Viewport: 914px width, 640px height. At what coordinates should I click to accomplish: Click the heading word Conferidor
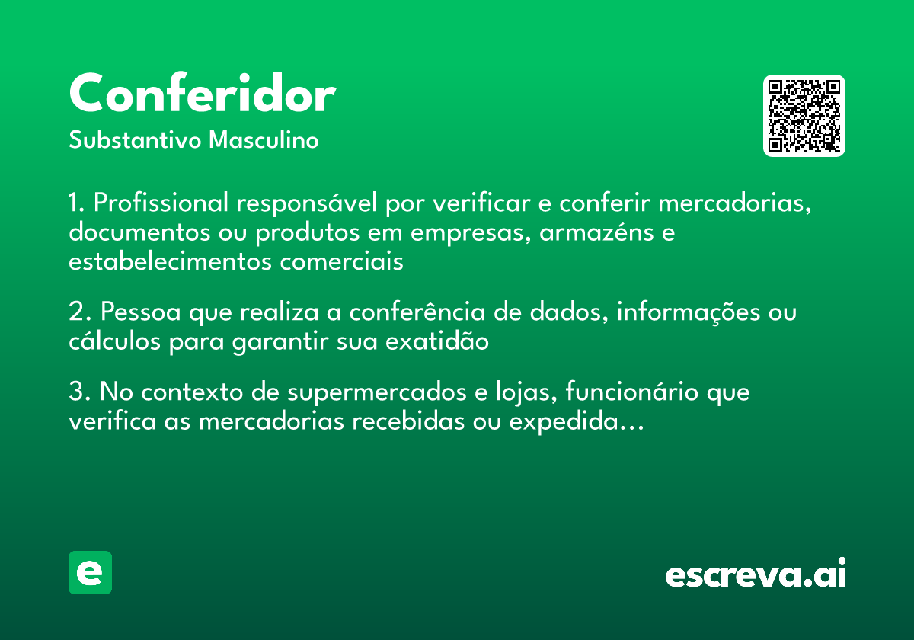click(202, 94)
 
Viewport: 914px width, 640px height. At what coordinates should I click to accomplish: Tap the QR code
click(804, 116)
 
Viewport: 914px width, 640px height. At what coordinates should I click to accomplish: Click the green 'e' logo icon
click(90, 572)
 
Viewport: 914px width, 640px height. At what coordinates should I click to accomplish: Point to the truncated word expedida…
click(577, 422)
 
